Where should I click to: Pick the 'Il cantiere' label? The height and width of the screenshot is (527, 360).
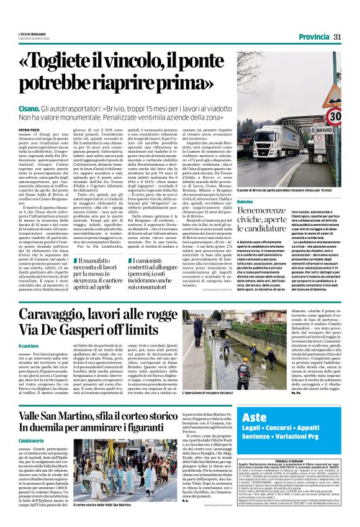[29, 345]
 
